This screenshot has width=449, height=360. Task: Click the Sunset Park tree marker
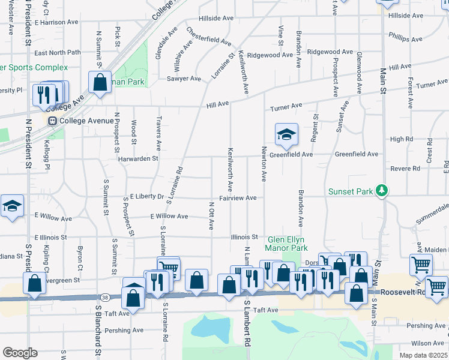click(381, 191)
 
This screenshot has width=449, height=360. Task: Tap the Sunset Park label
click(351, 192)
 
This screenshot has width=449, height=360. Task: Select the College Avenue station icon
click(52, 121)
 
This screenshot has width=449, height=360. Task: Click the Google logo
click(20, 353)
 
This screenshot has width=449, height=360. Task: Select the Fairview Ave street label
click(238, 198)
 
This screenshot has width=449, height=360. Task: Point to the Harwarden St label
click(137, 159)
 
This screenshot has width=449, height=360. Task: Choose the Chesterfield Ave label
click(208, 36)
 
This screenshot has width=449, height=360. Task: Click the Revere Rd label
click(405, 169)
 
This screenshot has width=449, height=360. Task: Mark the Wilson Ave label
click(428, 343)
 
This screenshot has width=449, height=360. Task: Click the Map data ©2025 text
click(423, 355)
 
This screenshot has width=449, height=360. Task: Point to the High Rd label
click(402, 139)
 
